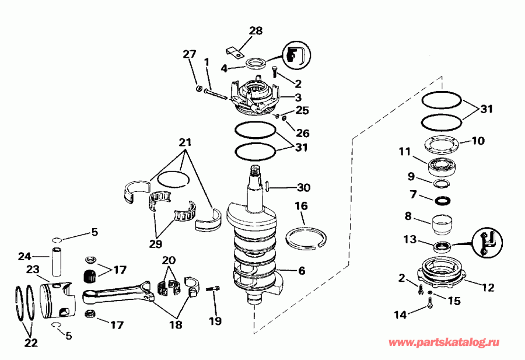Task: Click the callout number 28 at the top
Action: coord(256,30)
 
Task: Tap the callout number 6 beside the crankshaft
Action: coord(300,271)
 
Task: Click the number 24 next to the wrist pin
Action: coord(24,256)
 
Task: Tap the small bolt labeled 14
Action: coord(430,302)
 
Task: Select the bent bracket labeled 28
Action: coord(235,53)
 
